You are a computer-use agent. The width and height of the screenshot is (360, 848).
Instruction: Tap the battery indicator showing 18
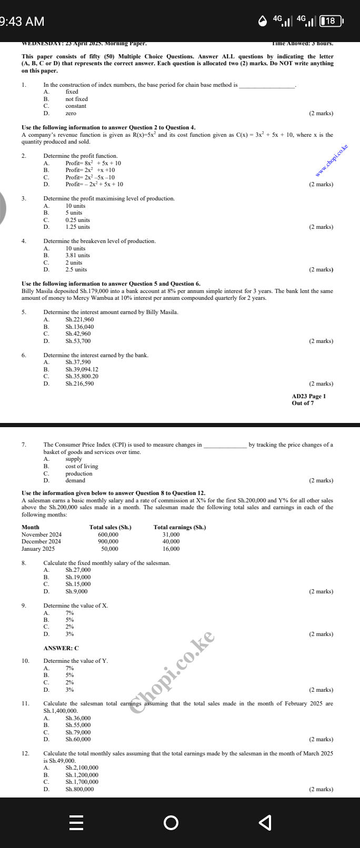click(331, 21)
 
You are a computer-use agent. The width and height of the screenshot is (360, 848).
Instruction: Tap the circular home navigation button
click(171, 822)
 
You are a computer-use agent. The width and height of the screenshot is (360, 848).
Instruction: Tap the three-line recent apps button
click(76, 822)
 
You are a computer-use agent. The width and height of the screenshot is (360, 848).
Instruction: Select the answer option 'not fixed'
click(76, 99)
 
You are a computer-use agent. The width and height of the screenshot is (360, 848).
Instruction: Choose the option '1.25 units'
click(77, 227)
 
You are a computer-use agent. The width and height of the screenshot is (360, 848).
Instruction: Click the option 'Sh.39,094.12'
click(82, 369)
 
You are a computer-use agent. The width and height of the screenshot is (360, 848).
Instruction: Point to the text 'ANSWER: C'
click(61, 648)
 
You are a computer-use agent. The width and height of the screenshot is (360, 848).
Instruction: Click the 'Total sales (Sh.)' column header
click(111, 527)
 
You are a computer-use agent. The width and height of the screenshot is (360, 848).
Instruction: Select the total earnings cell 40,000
click(171, 541)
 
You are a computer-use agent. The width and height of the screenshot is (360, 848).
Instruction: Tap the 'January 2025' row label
click(38, 549)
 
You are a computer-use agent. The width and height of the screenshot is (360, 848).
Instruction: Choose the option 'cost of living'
click(82, 466)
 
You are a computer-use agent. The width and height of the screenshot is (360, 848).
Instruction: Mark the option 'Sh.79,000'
click(78, 732)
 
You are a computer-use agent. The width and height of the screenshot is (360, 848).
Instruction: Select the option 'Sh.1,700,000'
click(82, 782)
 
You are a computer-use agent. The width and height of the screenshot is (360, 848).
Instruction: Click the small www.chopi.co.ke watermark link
click(332, 161)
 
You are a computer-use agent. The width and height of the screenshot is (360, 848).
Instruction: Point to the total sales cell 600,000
click(108, 534)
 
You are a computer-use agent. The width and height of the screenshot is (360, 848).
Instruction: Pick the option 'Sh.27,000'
click(78, 570)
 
